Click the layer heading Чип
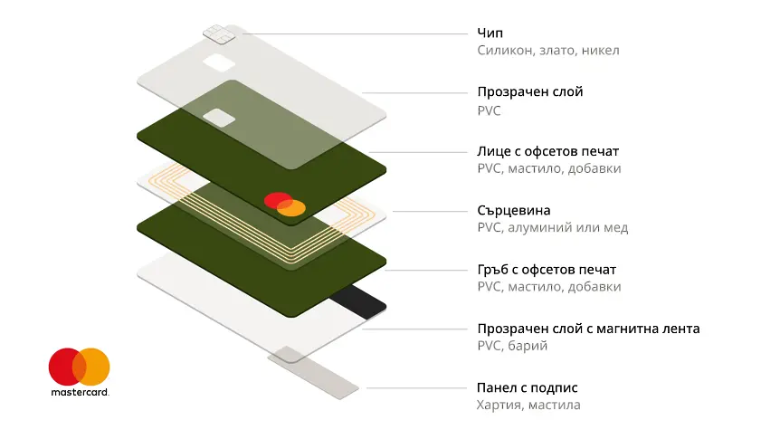pos(490,33)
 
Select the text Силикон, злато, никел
pos(548,51)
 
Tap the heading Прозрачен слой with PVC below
pos(530,92)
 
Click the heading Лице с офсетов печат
pos(548,151)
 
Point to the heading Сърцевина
pos(513,210)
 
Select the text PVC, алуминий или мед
pos(552,228)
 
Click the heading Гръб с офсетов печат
pos(547,270)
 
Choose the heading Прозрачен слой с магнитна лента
pos(588,329)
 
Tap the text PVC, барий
pos(512,346)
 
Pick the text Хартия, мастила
pos(528,406)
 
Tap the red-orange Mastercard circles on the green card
pos(285,205)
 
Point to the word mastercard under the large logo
pos(80,393)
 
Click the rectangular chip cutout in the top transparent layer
pos(217,64)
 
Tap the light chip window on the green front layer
pos(220,118)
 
